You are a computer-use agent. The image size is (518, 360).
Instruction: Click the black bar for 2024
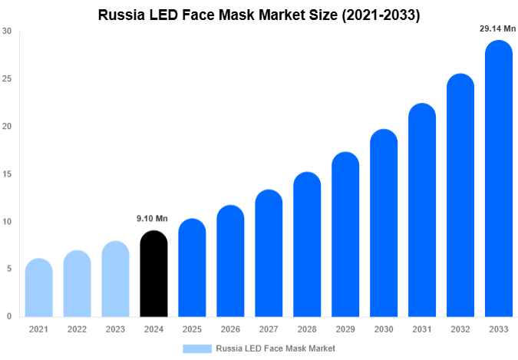click(153, 274)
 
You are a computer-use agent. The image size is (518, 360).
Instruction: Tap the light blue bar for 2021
click(38, 288)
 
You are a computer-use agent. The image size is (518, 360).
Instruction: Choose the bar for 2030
click(384, 223)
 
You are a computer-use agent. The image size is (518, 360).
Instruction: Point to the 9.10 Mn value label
click(153, 219)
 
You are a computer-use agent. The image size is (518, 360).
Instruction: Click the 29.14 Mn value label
click(497, 28)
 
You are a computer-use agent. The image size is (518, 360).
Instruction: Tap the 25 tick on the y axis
click(7, 79)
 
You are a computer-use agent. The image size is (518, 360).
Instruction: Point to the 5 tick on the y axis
click(7, 269)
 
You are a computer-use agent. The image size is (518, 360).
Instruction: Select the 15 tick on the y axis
click(7, 174)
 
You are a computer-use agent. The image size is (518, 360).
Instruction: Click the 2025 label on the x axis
click(192, 329)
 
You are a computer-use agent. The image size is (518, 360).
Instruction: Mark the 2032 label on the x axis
click(460, 329)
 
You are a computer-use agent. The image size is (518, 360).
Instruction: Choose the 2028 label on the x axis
click(307, 329)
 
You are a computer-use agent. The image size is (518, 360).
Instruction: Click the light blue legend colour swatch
click(196, 348)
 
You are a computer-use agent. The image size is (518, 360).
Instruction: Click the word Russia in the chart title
click(120, 15)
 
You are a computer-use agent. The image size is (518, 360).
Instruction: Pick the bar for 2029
click(345, 235)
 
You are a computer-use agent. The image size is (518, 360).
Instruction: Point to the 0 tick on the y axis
click(7, 316)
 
